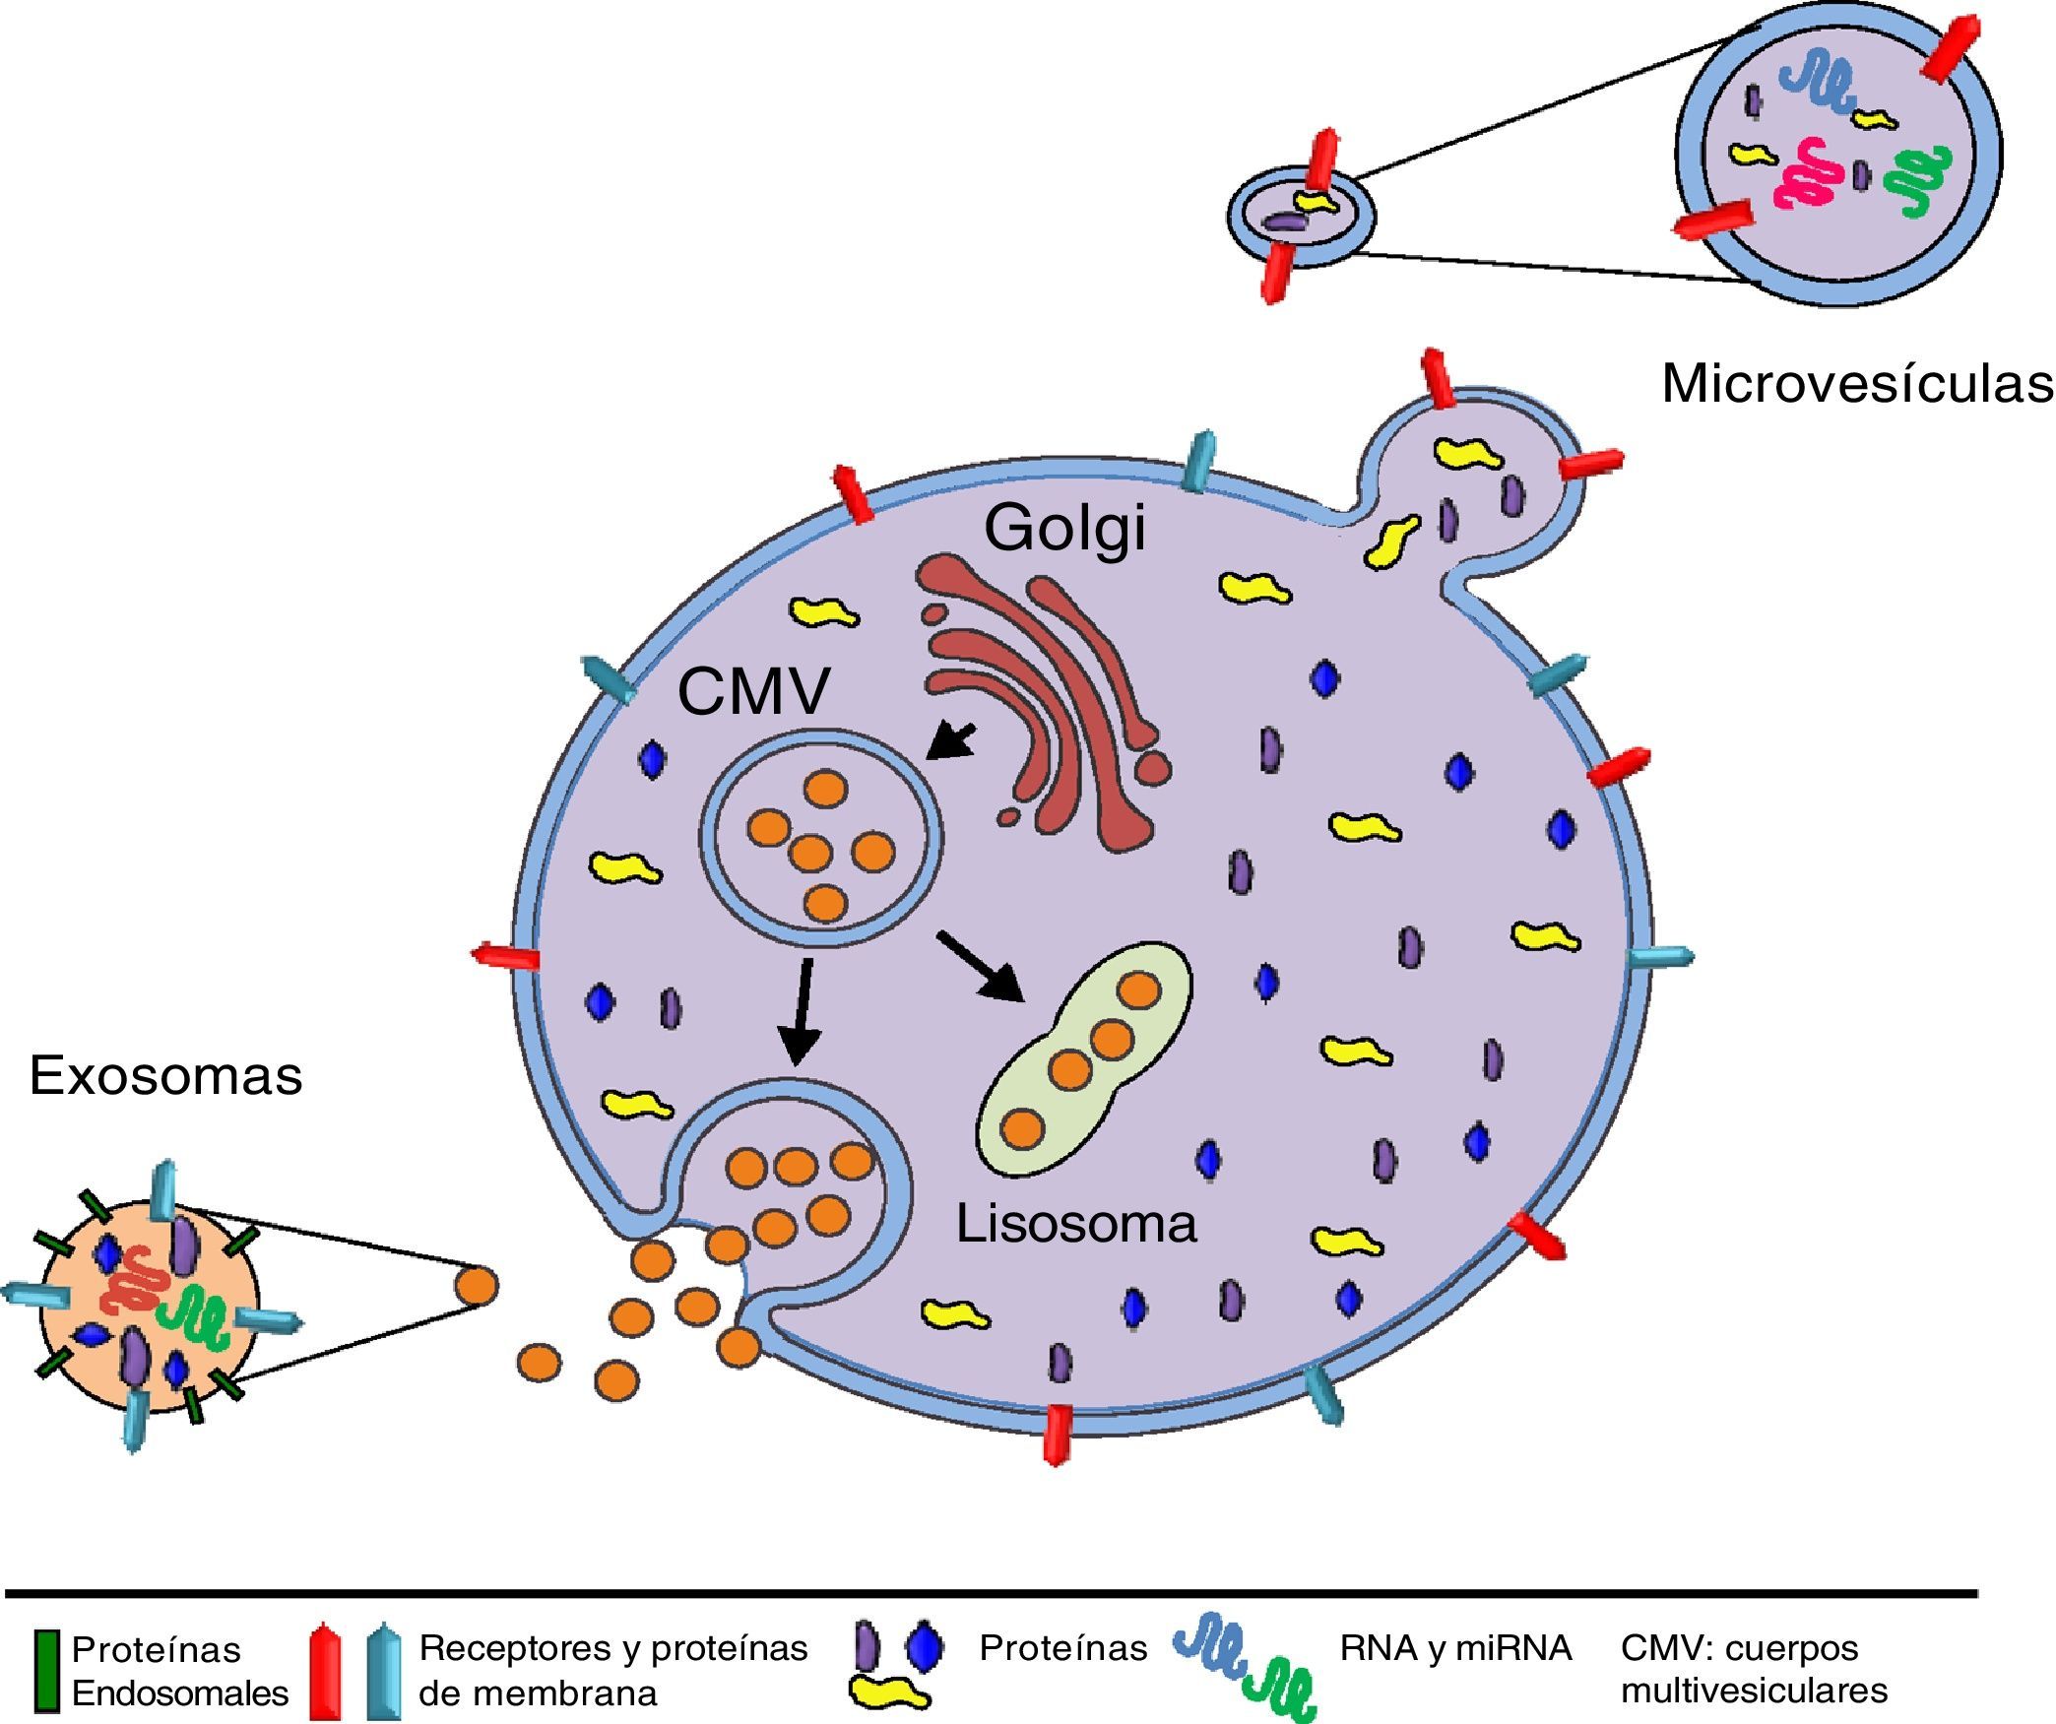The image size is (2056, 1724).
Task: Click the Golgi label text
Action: [x=1064, y=529]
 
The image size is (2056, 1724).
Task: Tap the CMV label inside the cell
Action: [x=753, y=691]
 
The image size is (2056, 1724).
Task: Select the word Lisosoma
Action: [x=1076, y=1224]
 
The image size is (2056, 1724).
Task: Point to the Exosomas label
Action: [x=165, y=1074]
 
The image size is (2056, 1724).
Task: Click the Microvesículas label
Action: [x=1857, y=383]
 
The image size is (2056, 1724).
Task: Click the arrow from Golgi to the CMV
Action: [x=951, y=739]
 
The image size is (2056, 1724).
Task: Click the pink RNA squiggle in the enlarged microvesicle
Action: [x=1809, y=174]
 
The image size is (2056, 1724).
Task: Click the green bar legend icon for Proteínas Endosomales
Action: [x=45, y=1671]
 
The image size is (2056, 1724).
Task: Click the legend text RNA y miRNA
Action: [x=1454, y=1647]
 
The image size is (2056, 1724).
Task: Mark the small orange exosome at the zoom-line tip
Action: [x=477, y=1286]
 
